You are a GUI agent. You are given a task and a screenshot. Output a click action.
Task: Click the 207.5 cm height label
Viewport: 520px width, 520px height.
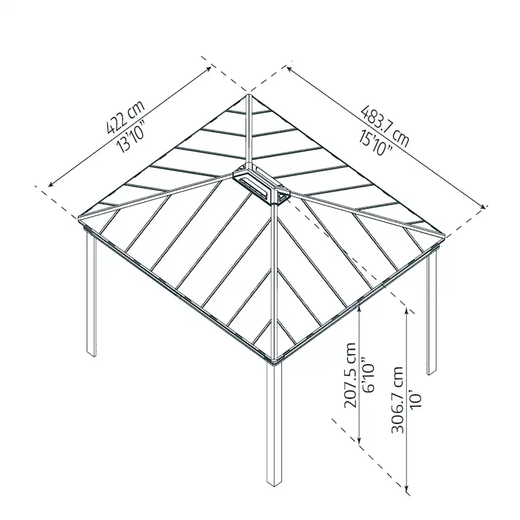pyautogui.click(x=350, y=375)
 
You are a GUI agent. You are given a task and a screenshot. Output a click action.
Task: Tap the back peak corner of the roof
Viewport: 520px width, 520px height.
pyautogui.click(x=249, y=97)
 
